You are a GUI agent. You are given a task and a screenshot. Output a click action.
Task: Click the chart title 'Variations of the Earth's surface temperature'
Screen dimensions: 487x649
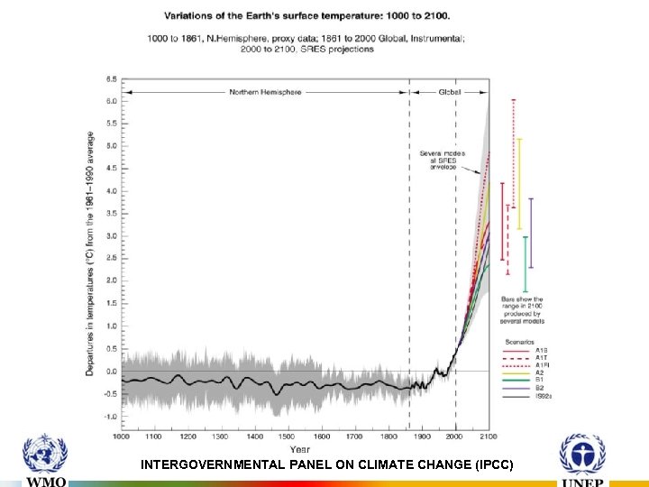point(306,15)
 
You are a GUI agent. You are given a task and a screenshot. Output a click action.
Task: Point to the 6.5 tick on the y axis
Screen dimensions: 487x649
point(111,78)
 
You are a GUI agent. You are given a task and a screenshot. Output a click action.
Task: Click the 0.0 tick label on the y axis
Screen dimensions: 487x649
point(111,371)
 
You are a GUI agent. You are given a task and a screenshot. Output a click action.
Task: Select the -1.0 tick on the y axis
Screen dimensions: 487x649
point(110,417)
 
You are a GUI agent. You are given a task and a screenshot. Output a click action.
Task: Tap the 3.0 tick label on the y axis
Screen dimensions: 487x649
point(111,236)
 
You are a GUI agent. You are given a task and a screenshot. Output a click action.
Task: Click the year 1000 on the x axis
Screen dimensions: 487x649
point(122,436)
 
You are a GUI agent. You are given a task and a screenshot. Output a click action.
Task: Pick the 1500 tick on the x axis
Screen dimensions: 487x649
point(288,436)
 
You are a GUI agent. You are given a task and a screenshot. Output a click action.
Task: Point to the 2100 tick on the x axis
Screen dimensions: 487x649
point(489,436)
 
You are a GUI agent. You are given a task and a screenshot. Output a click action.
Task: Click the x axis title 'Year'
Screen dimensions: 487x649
point(300,448)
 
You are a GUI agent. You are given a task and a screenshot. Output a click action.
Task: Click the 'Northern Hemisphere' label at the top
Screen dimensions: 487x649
point(265,92)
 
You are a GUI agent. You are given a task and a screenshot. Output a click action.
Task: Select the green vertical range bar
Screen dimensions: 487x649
point(525,263)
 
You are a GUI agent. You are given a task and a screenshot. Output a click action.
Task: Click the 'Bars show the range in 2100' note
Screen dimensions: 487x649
point(523,309)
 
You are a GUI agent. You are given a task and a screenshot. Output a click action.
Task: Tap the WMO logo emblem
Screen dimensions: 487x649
point(45,455)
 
